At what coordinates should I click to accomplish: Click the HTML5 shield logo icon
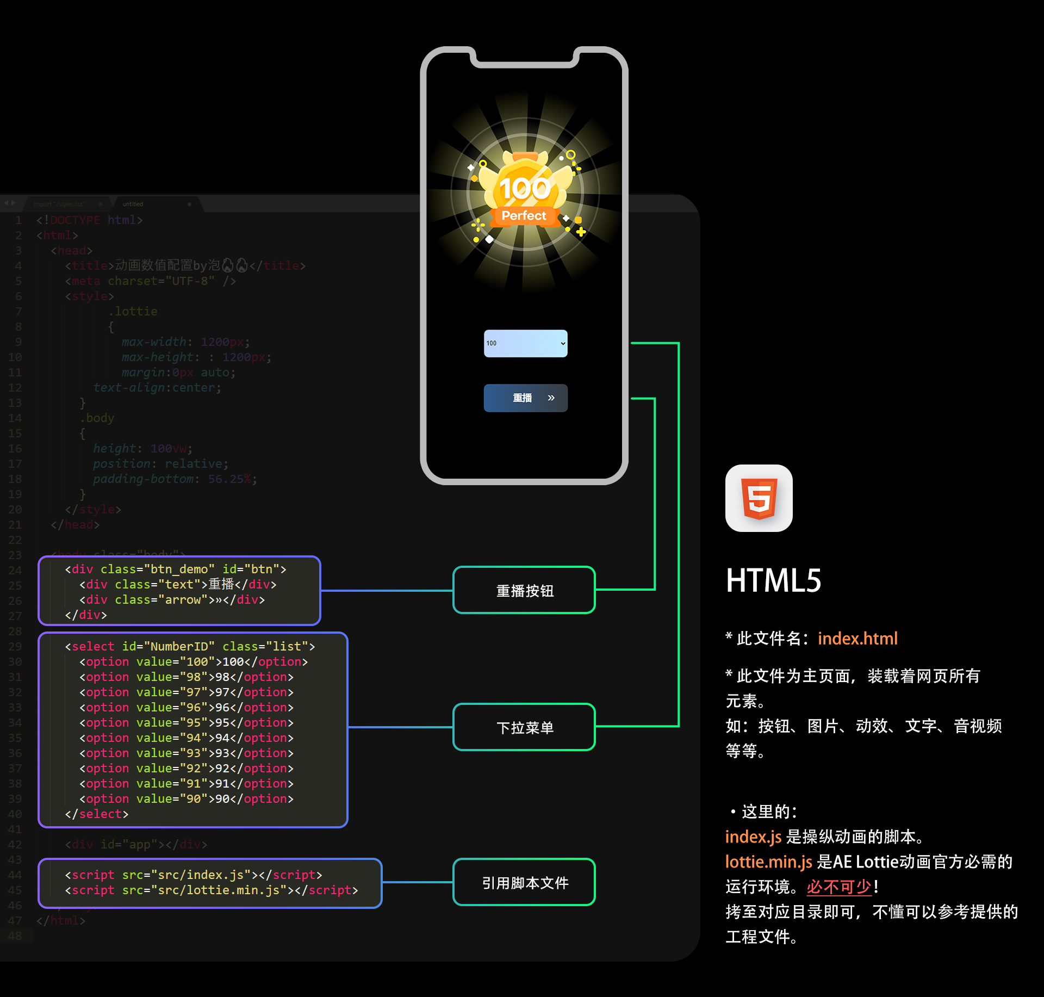(x=759, y=498)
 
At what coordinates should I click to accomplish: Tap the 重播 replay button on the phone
(x=525, y=398)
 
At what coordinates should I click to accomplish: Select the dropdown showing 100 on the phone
(x=525, y=343)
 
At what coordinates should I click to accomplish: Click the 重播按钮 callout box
(x=524, y=590)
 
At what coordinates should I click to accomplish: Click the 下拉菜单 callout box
(x=524, y=727)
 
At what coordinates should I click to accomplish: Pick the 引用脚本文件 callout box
(x=524, y=882)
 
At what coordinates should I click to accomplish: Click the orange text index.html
(x=857, y=638)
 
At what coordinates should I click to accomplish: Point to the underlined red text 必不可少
(x=839, y=887)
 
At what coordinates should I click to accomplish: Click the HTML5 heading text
(x=773, y=580)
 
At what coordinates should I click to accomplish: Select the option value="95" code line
(x=187, y=722)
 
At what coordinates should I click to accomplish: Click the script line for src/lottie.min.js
(x=212, y=890)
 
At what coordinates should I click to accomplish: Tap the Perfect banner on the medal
(x=524, y=216)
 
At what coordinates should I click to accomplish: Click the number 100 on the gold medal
(x=525, y=189)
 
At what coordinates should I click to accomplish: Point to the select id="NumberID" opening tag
(x=190, y=646)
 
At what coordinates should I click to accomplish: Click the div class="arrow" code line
(x=172, y=599)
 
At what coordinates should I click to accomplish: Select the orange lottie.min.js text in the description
(x=768, y=862)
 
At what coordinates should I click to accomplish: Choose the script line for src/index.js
(x=194, y=875)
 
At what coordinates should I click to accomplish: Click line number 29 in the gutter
(x=15, y=646)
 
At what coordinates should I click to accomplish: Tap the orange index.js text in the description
(x=753, y=837)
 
